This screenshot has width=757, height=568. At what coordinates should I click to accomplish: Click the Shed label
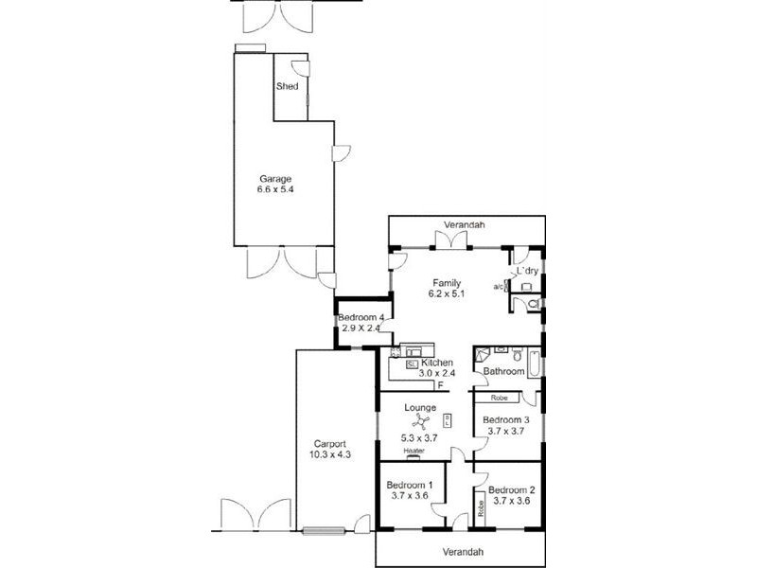coord(287,87)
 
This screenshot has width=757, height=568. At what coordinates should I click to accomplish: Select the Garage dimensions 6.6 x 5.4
coord(275,189)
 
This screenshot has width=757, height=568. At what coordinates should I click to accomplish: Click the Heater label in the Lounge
coord(414,452)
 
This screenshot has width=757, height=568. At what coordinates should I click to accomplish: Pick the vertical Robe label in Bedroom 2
coord(481,506)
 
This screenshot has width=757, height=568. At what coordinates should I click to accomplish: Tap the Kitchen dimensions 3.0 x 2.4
coord(438,374)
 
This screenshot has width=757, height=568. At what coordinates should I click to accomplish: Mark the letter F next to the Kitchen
coord(440,385)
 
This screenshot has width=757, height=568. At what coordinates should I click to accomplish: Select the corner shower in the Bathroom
coord(484,356)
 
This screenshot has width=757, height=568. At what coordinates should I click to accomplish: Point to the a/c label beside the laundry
coord(498,286)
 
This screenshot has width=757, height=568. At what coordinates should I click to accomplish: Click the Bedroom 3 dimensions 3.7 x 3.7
coord(505,431)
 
